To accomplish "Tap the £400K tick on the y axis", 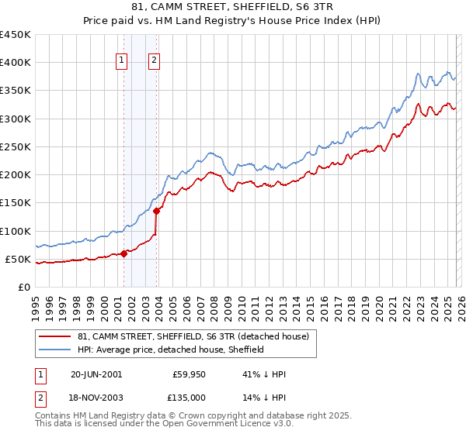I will click(x=16, y=63).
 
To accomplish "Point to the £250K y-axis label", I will click(x=16, y=146).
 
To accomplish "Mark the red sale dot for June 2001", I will click(x=123, y=253).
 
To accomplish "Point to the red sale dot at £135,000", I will click(x=156, y=211).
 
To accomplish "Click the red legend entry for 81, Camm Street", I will click(x=193, y=336).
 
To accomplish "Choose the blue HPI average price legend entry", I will click(x=171, y=350).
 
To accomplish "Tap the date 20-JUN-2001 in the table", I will click(x=96, y=374).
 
